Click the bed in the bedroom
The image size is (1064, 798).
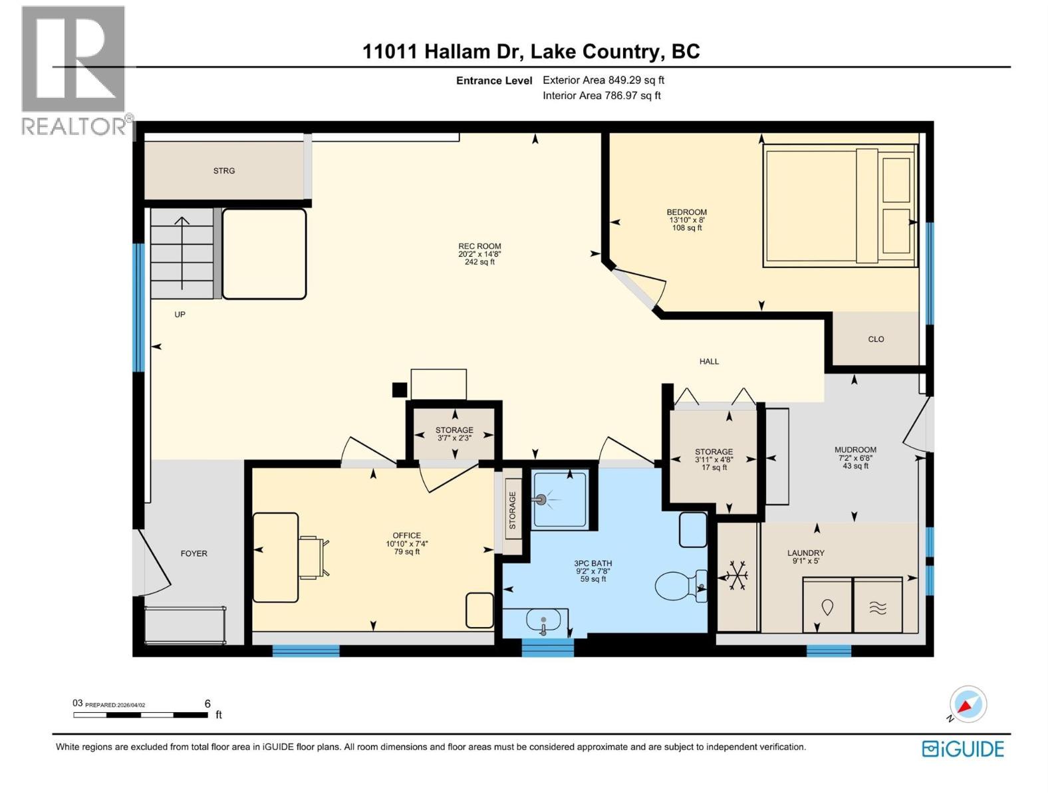839,206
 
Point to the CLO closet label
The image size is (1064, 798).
876,339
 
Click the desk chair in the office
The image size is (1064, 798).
313,557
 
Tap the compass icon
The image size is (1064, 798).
968,704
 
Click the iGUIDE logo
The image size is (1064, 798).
963,749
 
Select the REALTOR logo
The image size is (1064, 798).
74,70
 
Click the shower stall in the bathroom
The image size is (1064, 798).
560,499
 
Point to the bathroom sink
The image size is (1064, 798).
543,622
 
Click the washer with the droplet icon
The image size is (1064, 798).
827,606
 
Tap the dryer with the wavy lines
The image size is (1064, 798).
878,606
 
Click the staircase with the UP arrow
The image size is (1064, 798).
182,253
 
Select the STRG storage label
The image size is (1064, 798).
224,171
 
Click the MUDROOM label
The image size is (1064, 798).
855,450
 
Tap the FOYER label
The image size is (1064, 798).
194,553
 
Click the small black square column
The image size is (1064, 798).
399,390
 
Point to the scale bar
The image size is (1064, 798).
140,715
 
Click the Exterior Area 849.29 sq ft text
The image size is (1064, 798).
603,80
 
